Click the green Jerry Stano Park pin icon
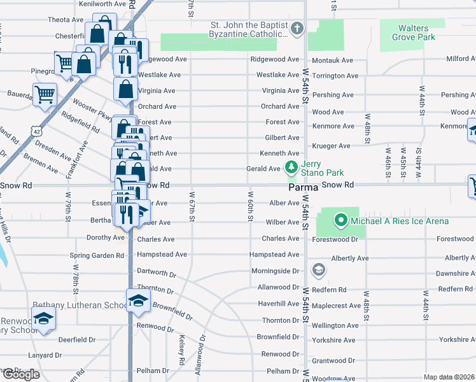[291, 167]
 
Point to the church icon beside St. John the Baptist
[297, 29]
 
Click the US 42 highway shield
[38, 131]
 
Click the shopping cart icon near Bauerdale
[45, 95]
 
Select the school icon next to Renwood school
[43, 319]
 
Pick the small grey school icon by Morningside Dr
[318, 271]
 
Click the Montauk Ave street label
[333, 60]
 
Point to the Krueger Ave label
[332, 146]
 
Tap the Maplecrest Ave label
[337, 306]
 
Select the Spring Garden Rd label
[97, 255]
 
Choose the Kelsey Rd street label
[182, 350]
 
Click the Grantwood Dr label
[334, 360]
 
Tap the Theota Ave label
[66, 20]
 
